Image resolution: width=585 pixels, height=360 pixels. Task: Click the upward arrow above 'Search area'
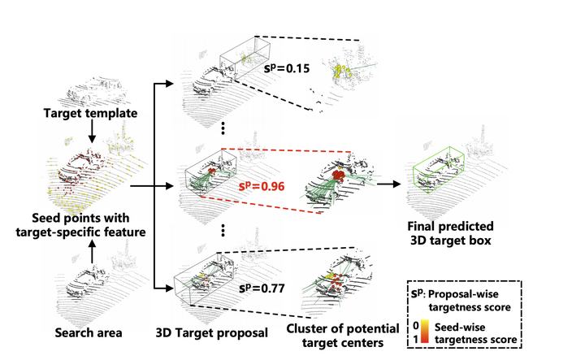[x=91, y=252]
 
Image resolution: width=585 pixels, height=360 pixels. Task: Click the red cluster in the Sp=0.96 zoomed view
[x=338, y=174]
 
